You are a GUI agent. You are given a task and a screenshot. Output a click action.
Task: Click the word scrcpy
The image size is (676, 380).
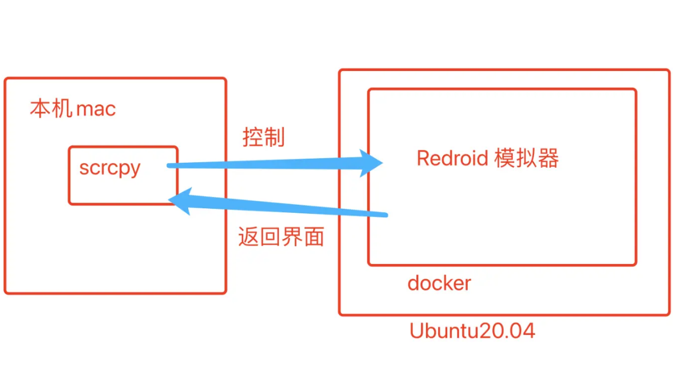coord(110,168)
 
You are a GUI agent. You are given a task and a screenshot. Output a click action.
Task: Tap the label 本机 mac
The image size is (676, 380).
coord(73,109)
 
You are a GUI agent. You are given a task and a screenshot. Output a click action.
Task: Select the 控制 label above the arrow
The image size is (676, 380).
coord(264,137)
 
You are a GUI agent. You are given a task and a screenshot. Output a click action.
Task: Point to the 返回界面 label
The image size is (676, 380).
coord(281,237)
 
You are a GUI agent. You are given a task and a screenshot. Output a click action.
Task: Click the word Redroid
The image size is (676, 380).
coord(452,158)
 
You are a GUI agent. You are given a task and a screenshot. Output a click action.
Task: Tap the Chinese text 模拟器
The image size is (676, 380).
coord(527,158)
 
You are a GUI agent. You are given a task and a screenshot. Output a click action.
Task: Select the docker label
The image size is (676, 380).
coord(439,283)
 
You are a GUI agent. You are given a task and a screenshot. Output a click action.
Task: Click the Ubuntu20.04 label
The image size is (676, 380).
coord(472,330)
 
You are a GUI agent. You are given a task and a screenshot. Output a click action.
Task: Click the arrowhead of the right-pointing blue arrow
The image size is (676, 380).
coord(370,163)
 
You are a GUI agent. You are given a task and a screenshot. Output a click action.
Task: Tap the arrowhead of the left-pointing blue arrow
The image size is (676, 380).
coord(180,201)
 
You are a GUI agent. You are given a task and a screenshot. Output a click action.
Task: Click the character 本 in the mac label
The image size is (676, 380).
coord(40,109)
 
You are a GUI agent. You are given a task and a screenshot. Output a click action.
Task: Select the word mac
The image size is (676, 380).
coord(96,109)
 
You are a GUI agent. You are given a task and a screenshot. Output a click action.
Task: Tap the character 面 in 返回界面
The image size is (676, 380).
coord(314,237)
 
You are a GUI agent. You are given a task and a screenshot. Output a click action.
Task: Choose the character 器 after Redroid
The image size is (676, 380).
coord(548,158)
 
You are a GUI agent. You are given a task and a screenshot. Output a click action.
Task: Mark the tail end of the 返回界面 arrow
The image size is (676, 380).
coord(386,215)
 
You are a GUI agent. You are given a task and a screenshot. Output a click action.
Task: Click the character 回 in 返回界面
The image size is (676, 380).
coord(270,237)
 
